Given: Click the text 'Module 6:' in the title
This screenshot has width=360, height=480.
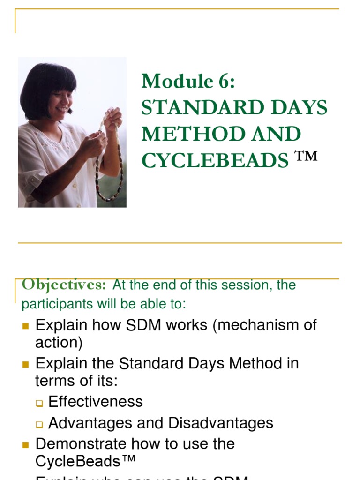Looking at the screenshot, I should pos(188,82).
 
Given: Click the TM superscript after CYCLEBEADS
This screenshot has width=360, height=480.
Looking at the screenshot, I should pos(306,156).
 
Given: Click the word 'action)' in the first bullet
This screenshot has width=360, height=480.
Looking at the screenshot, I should pos(59,343).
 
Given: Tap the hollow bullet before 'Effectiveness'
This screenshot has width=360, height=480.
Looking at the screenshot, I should pos(39,403).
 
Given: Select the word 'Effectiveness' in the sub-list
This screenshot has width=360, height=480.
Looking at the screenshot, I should pos(96,402).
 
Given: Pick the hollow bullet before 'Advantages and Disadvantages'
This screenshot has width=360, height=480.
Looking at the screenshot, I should pos(39,424).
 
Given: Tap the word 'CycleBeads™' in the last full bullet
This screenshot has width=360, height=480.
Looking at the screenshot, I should pos(85,461).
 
